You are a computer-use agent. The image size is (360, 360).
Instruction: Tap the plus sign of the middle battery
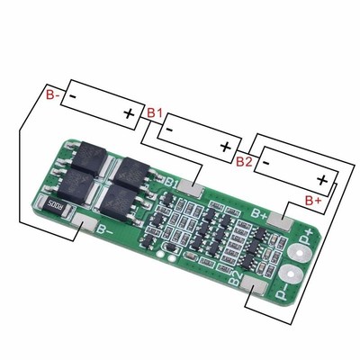tap(225, 146)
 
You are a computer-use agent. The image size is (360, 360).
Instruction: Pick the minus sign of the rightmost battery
tap(266, 159)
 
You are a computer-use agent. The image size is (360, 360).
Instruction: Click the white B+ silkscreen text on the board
tap(259, 213)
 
